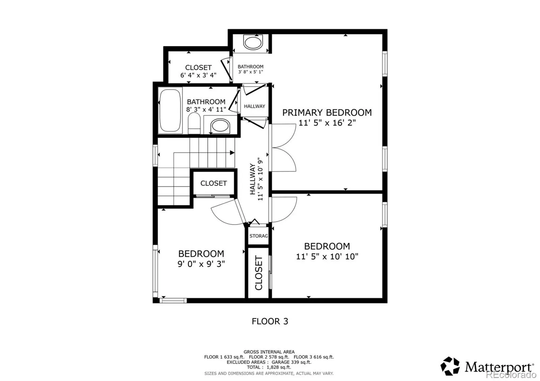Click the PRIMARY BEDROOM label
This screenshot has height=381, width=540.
[x=327, y=113]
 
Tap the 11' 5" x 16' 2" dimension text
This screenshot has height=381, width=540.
[x=327, y=123]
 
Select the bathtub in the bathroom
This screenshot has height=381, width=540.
[x=170, y=111]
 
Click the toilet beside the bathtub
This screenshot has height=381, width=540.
[x=194, y=123]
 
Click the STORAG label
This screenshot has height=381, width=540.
[x=259, y=236]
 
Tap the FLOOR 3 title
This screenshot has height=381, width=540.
[x=270, y=321]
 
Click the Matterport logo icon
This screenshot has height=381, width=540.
[x=450, y=366]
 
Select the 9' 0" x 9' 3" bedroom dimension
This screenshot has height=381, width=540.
[x=201, y=264]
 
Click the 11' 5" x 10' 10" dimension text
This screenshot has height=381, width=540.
[x=327, y=257]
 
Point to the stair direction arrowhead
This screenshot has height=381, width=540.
[x=232, y=153]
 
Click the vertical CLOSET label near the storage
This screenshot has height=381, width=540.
[x=259, y=273]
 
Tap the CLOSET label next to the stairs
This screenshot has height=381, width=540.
[x=214, y=183]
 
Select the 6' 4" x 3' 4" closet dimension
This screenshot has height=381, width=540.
[x=198, y=75]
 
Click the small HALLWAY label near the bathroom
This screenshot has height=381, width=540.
[x=254, y=106]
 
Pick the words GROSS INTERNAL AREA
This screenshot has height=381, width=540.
[x=269, y=352]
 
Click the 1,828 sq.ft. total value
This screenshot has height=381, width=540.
[x=279, y=367]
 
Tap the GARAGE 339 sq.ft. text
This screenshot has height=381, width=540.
[x=292, y=362]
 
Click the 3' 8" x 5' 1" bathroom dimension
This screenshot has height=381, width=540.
[x=250, y=72]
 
